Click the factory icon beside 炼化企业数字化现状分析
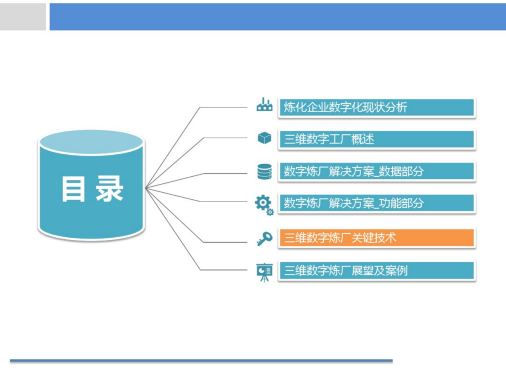click(x=264, y=105)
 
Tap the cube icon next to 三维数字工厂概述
click(x=264, y=138)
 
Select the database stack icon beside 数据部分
click(x=264, y=171)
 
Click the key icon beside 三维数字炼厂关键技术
click(x=264, y=238)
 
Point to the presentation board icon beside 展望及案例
click(x=264, y=272)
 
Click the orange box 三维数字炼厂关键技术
click(x=377, y=238)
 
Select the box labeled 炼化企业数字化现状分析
click(x=377, y=107)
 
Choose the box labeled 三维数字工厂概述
click(x=377, y=139)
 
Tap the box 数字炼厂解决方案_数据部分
click(x=377, y=171)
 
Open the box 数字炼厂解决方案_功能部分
click(x=377, y=203)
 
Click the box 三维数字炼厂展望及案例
click(x=377, y=271)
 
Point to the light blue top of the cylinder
click(x=91, y=142)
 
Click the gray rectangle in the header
click(x=23, y=17)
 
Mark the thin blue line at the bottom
click(x=201, y=361)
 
